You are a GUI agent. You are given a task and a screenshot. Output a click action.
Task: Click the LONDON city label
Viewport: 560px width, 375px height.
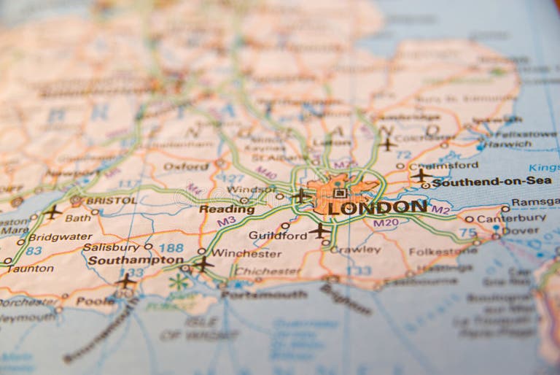(x=377, y=207)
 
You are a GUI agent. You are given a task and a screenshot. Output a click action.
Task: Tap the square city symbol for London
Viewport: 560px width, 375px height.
(x=340, y=193)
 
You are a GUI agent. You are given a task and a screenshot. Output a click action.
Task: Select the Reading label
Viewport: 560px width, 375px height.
(x=227, y=209)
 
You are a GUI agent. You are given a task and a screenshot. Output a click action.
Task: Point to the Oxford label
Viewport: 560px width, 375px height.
(x=186, y=166)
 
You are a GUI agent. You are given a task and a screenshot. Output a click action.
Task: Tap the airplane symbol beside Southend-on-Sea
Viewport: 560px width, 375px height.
(x=421, y=175)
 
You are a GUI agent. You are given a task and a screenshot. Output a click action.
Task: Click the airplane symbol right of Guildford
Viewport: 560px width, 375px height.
(x=319, y=231)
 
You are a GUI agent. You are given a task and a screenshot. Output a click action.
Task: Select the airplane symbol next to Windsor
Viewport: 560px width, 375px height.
(x=300, y=196)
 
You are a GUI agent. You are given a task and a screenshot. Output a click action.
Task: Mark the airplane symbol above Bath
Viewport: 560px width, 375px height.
(x=52, y=212)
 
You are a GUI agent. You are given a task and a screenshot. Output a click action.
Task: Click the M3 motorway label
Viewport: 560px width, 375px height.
(x=226, y=220)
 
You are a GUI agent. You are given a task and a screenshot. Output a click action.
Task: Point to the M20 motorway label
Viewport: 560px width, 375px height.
(x=386, y=223)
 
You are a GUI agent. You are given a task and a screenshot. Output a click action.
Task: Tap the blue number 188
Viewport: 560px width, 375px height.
(x=171, y=248)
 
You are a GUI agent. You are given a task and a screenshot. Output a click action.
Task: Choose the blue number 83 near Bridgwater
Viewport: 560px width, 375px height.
(x=34, y=250)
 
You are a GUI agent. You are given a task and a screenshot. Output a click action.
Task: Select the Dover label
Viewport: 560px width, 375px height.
(x=521, y=231)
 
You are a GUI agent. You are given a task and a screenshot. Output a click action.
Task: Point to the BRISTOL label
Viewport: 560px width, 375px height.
(x=111, y=200)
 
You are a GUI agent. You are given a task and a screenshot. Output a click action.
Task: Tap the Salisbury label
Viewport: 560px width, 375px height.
(x=111, y=247)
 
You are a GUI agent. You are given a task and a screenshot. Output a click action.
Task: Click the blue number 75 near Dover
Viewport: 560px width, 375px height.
(x=467, y=232)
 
